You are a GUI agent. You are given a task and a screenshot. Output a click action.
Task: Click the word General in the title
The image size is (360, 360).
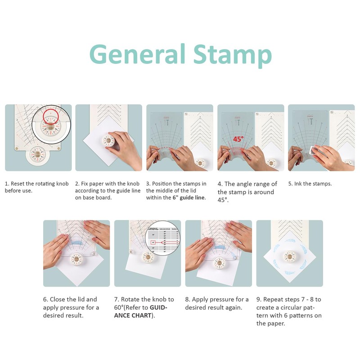tap(137, 55)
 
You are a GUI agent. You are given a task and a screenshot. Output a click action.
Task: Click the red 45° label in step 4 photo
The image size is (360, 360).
tap(238, 139)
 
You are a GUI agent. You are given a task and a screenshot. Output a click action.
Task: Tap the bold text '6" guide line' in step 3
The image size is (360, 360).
tap(189, 198)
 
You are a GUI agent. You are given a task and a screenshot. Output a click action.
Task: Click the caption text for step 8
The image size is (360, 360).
tap(216, 303)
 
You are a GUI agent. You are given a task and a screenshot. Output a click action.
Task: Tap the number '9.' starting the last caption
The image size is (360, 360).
tap(259, 299)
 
